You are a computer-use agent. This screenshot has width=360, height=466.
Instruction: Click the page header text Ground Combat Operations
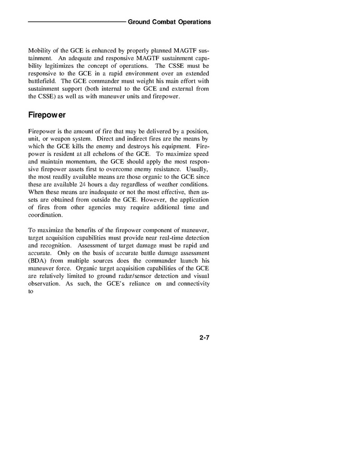tap(169, 22)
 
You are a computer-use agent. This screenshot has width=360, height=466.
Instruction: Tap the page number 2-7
tap(204, 337)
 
